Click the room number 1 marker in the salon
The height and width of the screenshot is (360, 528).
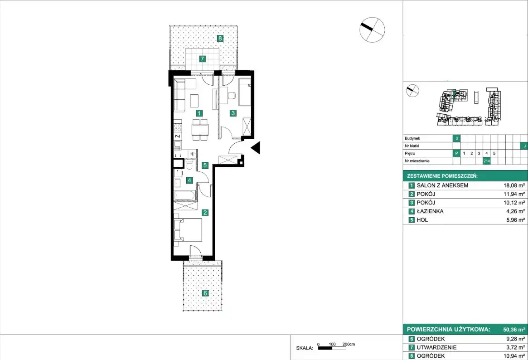[199, 113]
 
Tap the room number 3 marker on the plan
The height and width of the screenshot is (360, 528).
[233, 113]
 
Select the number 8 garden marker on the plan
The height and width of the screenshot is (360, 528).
[220, 39]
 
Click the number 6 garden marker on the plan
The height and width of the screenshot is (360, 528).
[205, 293]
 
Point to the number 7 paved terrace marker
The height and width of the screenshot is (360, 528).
[202, 59]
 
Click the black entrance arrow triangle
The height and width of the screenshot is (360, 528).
[256, 148]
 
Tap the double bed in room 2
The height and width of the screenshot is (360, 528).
[188, 230]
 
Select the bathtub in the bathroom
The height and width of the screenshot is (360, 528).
[184, 195]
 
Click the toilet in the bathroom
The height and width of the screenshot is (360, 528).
[189, 165]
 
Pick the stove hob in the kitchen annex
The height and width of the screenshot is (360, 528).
[178, 128]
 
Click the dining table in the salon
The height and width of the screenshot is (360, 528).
[200, 130]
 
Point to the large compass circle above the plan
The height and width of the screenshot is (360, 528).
[372, 29]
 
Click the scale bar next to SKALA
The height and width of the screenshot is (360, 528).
[332, 348]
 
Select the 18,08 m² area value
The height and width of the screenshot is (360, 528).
[514, 185]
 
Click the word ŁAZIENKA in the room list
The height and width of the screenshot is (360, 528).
[430, 211]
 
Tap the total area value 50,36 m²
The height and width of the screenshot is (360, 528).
[514, 330]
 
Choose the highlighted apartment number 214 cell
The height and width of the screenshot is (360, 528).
[486, 161]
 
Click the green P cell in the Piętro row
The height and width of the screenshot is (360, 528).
[456, 154]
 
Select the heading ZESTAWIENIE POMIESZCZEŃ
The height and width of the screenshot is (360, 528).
[442, 176]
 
